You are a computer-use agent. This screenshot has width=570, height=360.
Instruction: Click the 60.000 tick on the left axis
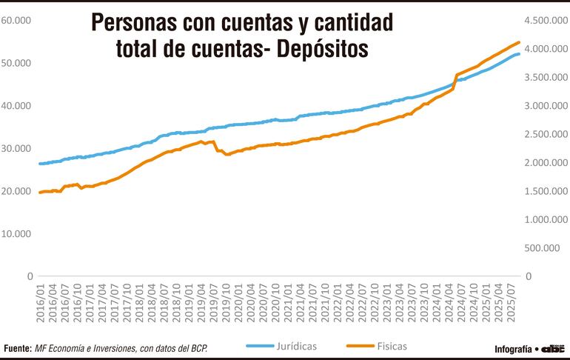click(16, 20)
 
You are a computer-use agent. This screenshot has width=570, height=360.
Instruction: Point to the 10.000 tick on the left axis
click(16, 233)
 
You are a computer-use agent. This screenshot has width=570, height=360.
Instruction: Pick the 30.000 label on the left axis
click(16, 148)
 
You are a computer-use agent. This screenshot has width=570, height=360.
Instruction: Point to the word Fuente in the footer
click(17, 348)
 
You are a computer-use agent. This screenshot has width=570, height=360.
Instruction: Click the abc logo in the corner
click(553, 348)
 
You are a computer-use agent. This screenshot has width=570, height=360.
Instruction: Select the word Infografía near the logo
click(512, 349)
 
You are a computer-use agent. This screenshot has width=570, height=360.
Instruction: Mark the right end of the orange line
click(520, 42)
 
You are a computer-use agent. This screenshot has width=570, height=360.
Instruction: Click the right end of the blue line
click(520, 54)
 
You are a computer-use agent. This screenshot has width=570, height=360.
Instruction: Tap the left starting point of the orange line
click(39, 193)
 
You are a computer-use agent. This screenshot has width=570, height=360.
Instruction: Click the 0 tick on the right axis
click(529, 276)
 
